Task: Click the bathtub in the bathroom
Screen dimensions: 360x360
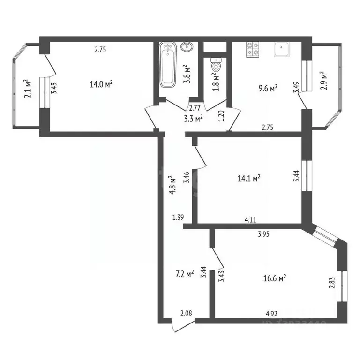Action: pos(167,65)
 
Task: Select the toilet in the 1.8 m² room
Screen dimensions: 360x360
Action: pos(216,66)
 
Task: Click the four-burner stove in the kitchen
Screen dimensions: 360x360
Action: pos(253,50)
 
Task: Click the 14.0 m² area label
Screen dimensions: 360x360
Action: pos(102,84)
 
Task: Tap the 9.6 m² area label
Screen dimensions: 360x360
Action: pos(268,88)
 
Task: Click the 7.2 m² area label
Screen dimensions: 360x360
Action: pos(183,273)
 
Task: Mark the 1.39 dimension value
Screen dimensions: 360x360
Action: pos(178,217)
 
